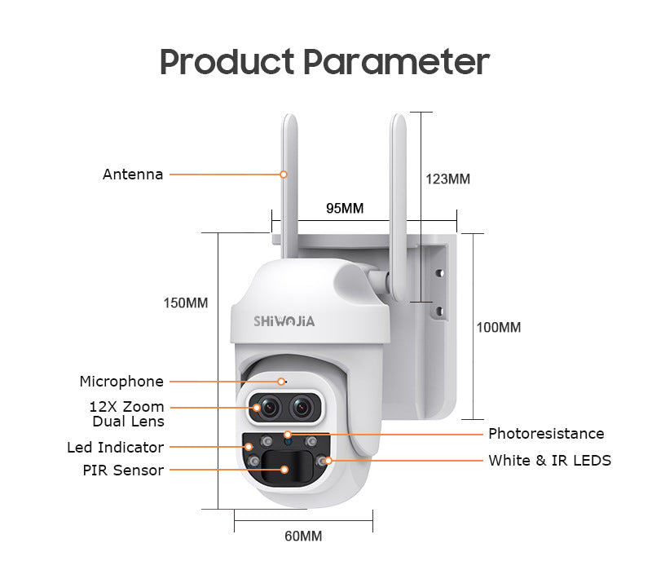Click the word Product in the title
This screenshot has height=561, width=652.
(x=227, y=62)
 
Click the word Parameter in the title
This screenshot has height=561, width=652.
(x=397, y=62)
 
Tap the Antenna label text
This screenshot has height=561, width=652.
(x=133, y=174)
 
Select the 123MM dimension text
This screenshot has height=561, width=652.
(x=447, y=179)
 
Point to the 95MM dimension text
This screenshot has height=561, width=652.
(x=345, y=208)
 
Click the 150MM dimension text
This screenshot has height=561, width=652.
(x=186, y=303)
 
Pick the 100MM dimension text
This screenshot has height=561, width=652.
(x=499, y=327)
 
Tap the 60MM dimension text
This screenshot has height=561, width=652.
(x=303, y=536)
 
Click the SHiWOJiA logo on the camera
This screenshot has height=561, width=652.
(x=284, y=321)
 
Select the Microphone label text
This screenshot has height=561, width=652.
(x=121, y=382)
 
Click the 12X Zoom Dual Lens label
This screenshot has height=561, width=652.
(x=127, y=413)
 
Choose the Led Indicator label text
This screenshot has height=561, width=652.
(x=116, y=448)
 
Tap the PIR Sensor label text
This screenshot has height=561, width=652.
(x=123, y=470)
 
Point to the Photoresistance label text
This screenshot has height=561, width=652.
(x=546, y=434)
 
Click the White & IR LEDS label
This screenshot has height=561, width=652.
(x=549, y=460)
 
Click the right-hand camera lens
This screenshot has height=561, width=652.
(x=302, y=407)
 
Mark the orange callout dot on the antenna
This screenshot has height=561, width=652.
(x=284, y=174)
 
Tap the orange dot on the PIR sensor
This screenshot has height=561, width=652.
(x=284, y=470)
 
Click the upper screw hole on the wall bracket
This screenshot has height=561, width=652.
(x=440, y=273)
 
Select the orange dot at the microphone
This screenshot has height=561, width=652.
(x=281, y=382)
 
